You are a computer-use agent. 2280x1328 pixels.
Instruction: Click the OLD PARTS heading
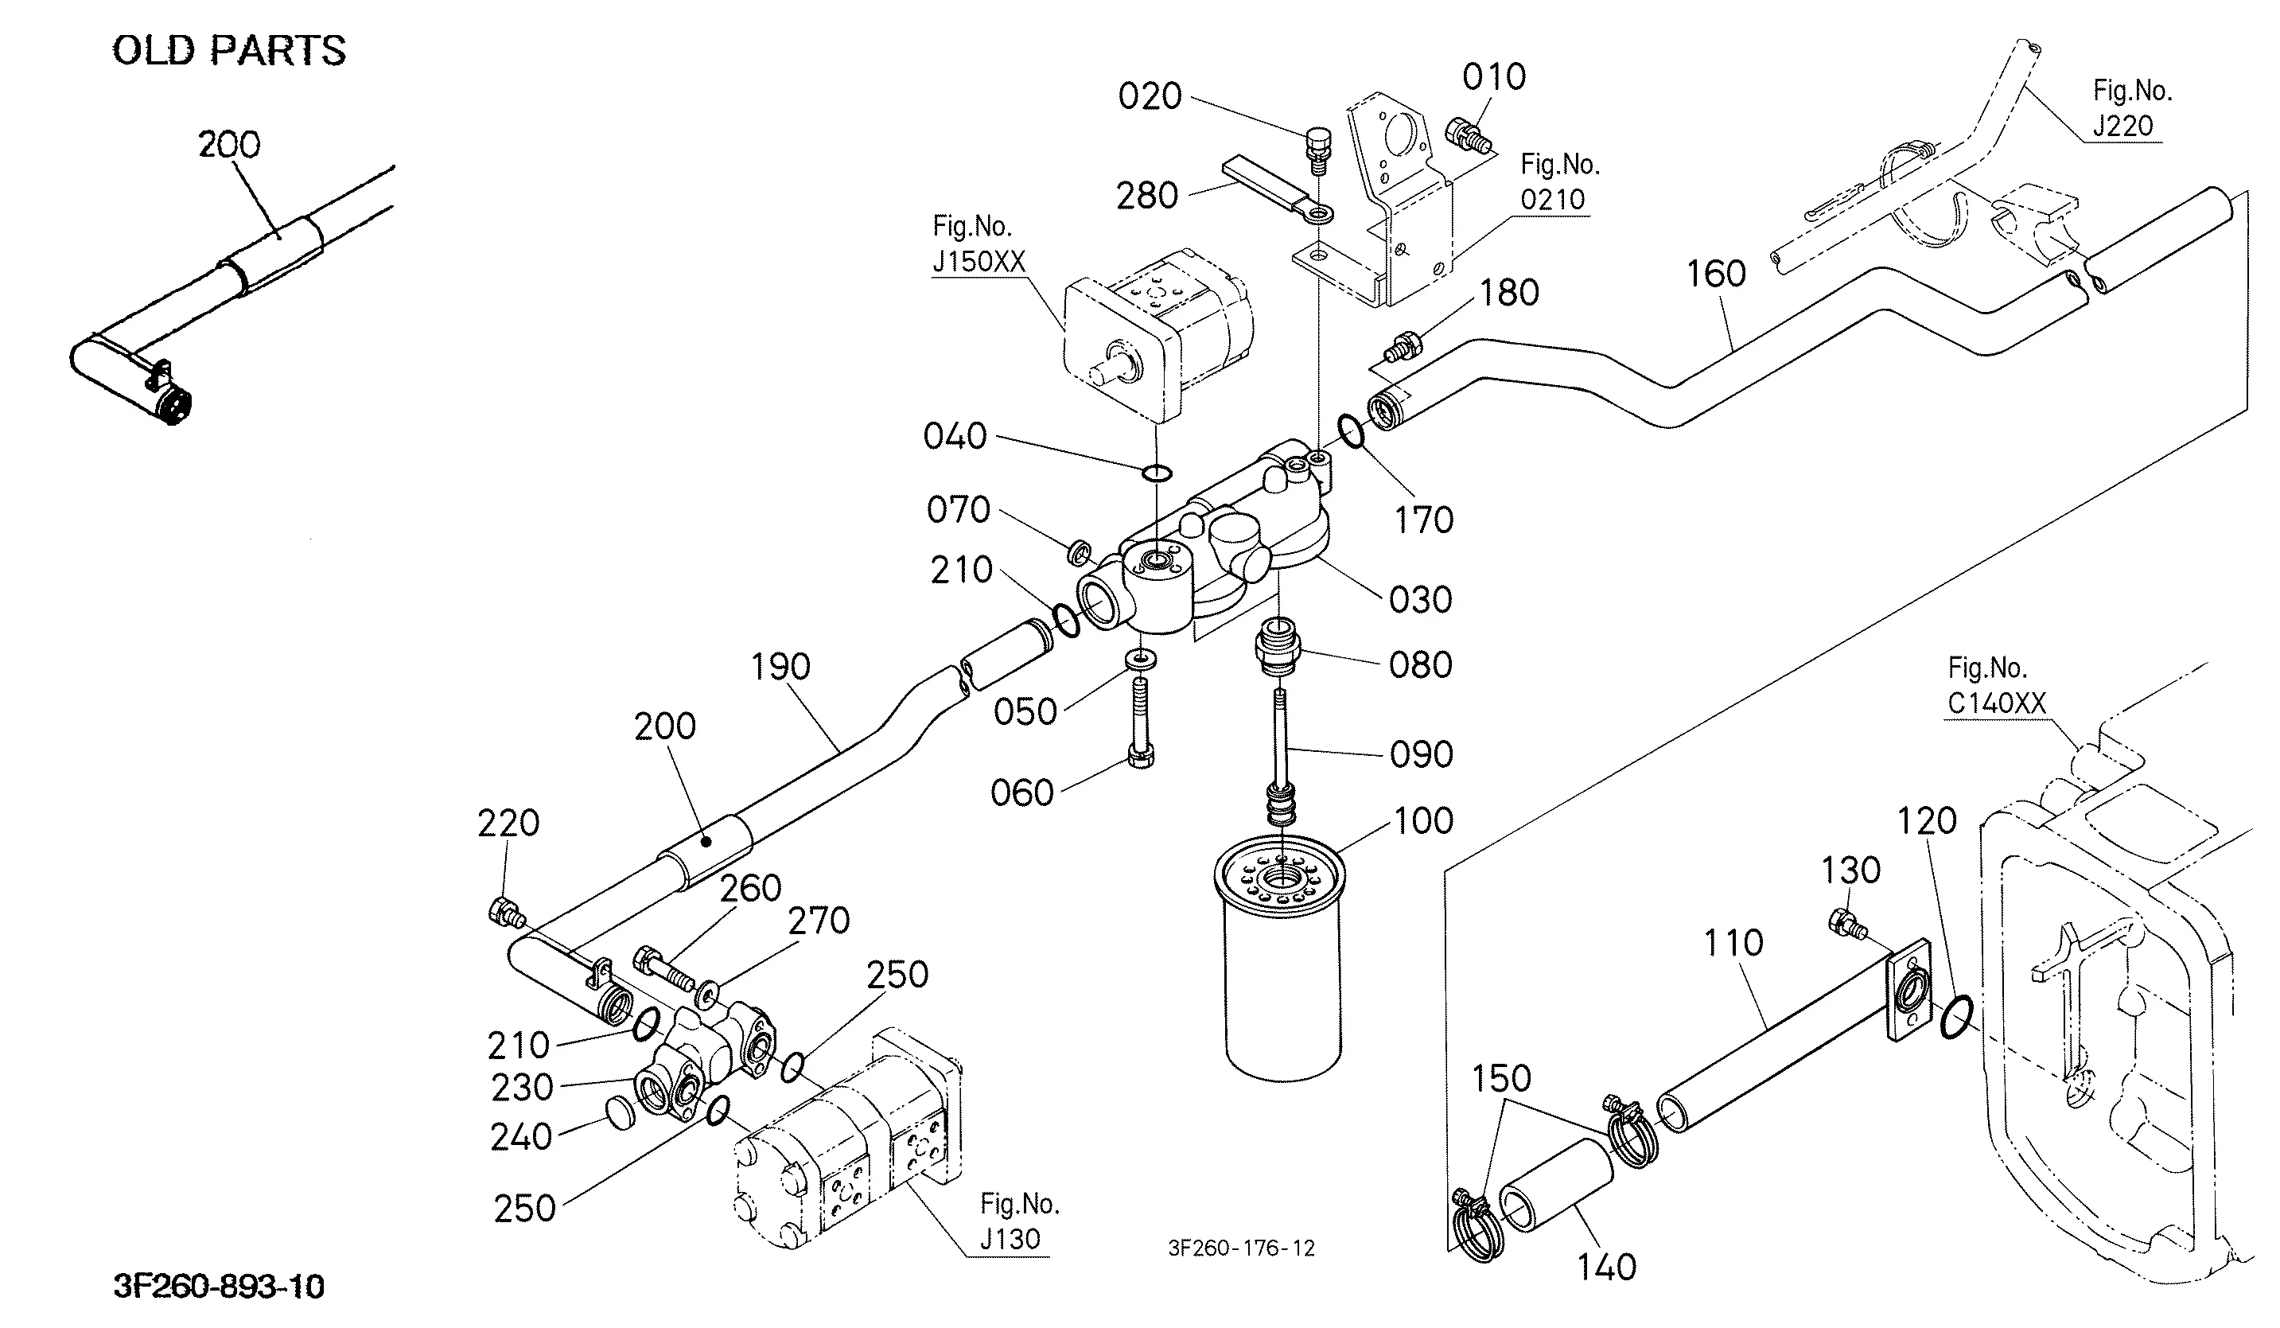229,51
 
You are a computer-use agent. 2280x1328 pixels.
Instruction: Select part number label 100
1423,820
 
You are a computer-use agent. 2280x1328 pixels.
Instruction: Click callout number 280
1146,196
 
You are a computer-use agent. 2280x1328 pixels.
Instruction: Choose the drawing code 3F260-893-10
219,1287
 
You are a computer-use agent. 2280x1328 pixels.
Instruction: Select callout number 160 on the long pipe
1716,273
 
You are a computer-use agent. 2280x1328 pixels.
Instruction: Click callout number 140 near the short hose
1607,1268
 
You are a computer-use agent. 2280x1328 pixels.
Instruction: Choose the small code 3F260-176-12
1241,1248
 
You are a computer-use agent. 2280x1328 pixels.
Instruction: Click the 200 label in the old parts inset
229,145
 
